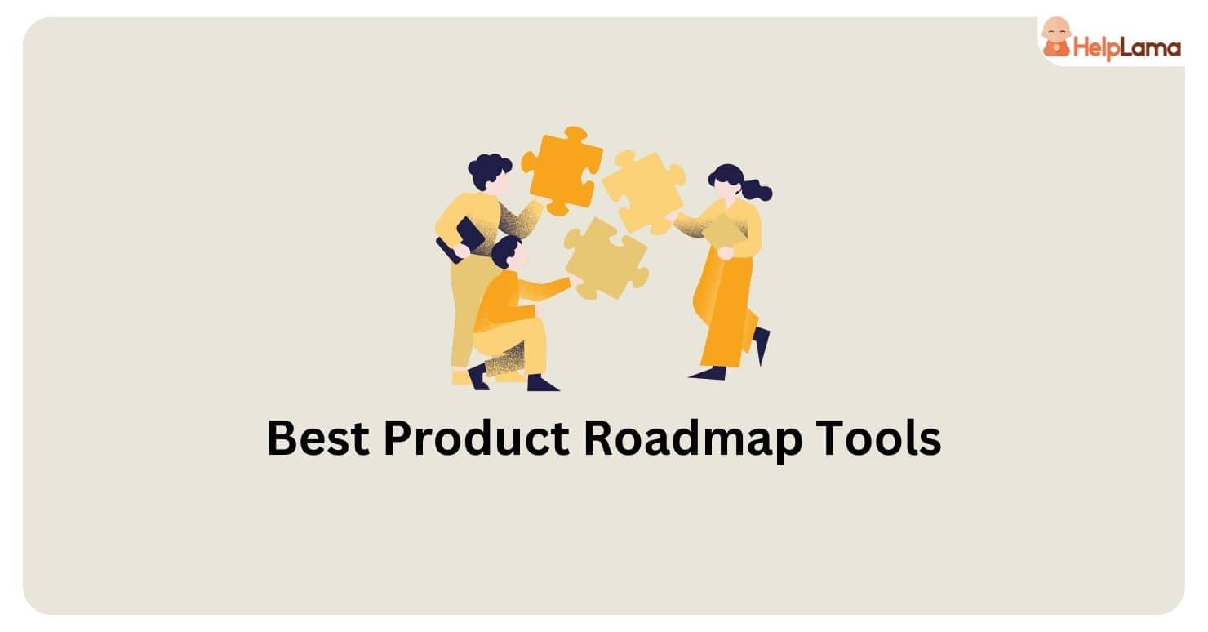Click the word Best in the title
[x=317, y=439]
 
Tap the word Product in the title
[x=476, y=439]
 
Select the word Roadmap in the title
[x=685, y=439]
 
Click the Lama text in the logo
[x=1152, y=48]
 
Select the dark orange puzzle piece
[x=562, y=170]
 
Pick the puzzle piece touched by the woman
[x=644, y=191]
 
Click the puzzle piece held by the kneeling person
[x=606, y=259]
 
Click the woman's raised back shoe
[x=762, y=344]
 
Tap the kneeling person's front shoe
[x=541, y=383]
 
